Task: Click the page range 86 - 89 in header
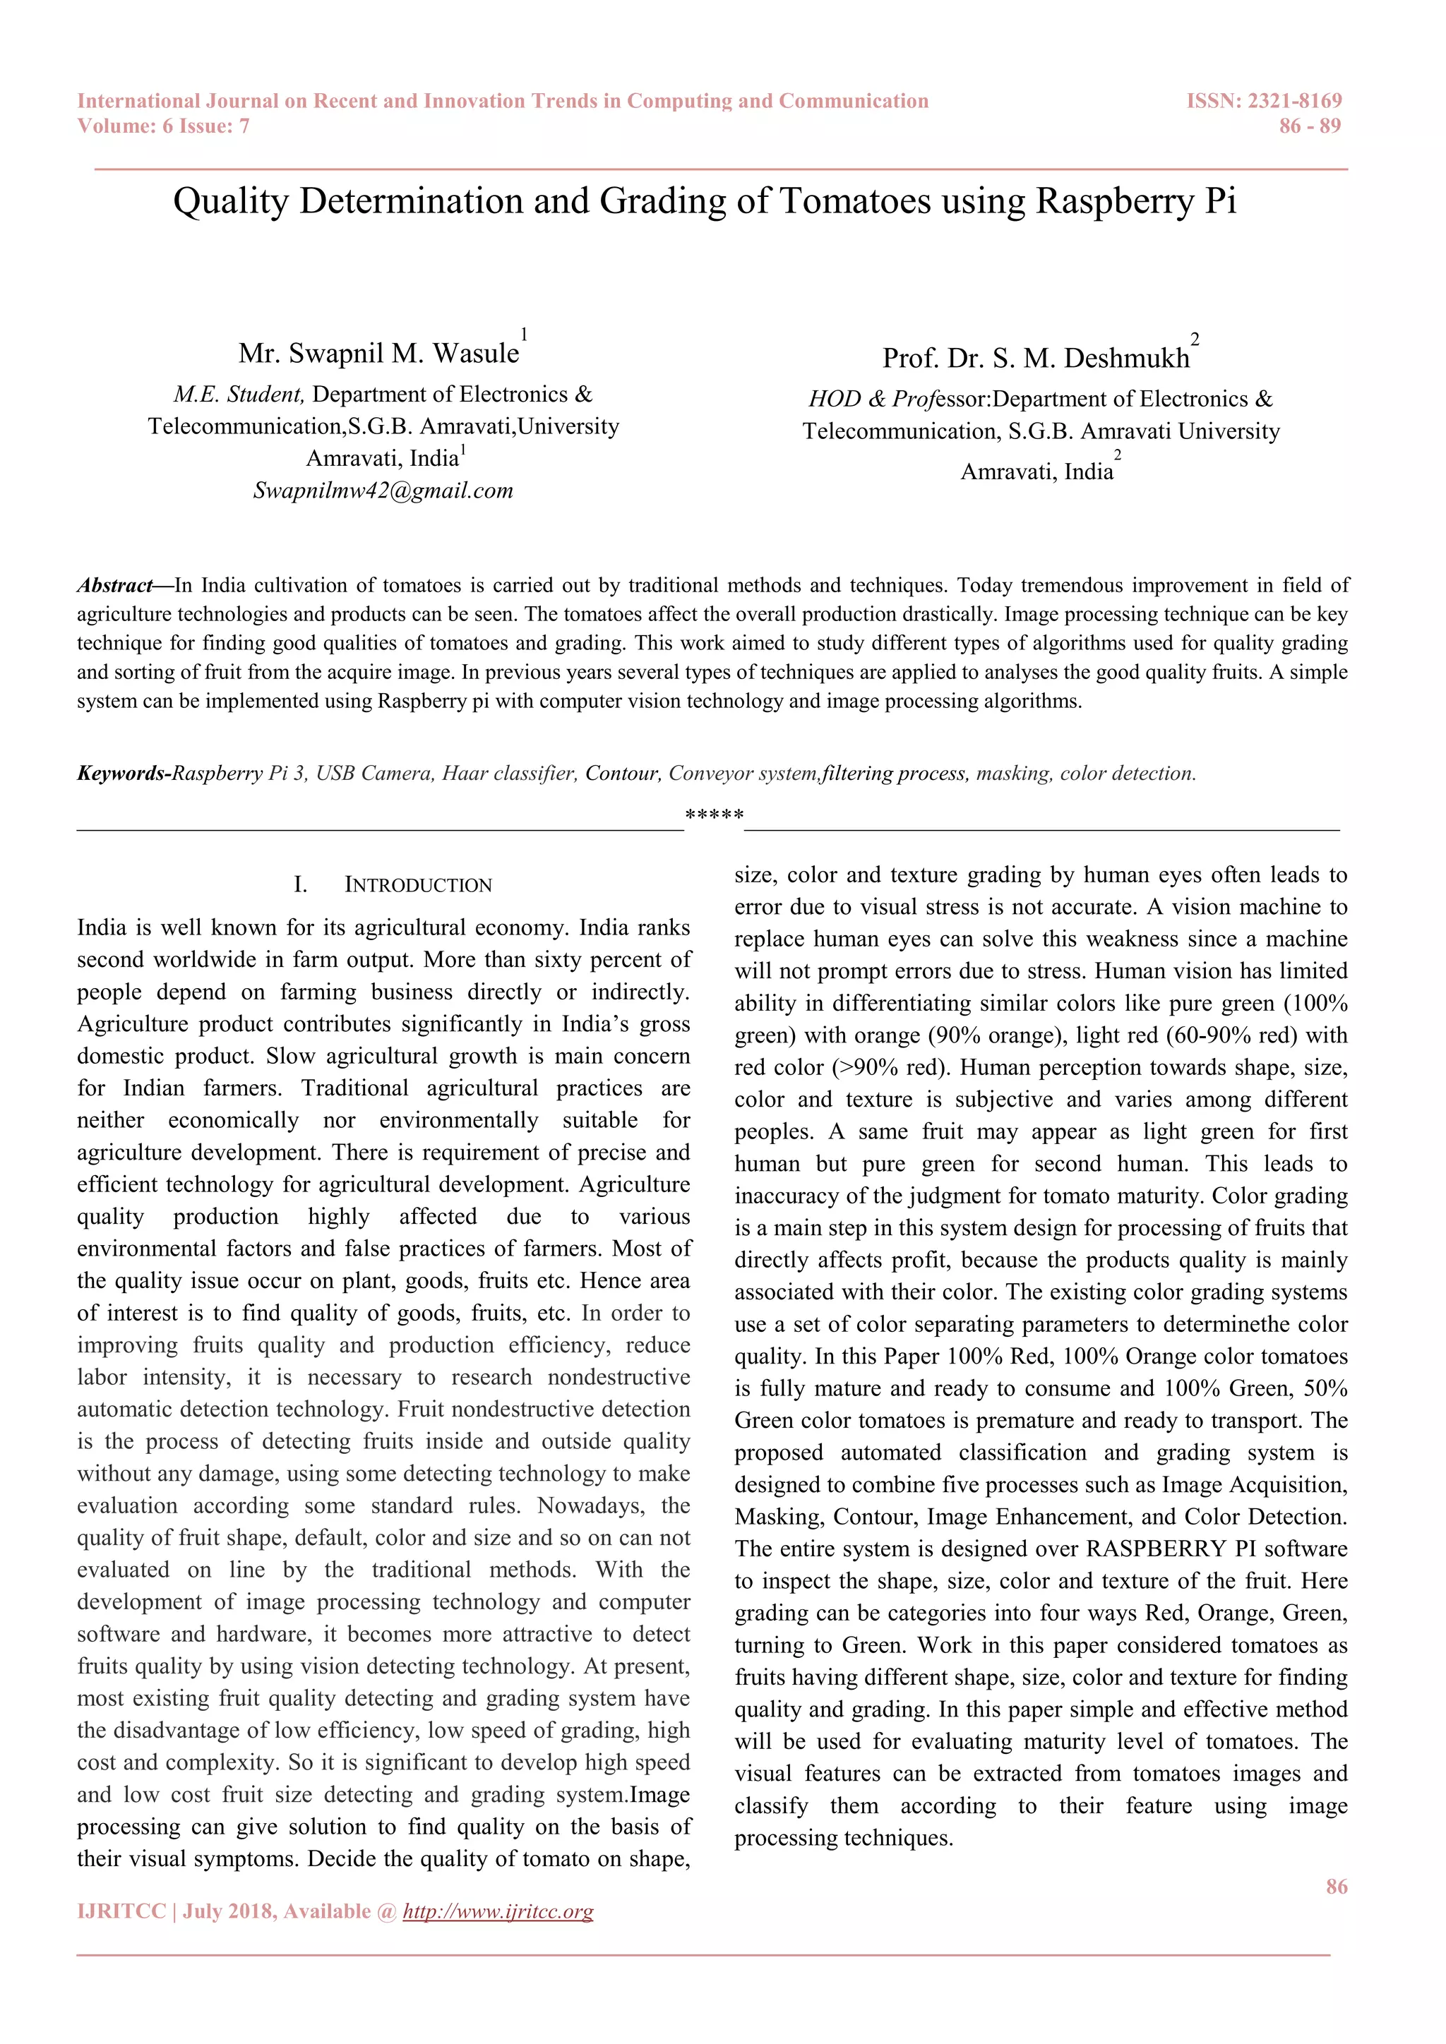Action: [x=1309, y=126]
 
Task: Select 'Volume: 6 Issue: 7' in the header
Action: [x=163, y=126]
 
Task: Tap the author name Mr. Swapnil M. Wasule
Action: [x=378, y=354]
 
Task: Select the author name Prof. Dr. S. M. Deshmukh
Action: [x=1036, y=358]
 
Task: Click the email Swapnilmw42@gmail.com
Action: [x=383, y=491]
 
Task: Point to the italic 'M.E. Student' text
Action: [x=239, y=395]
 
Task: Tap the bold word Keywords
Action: [x=121, y=774]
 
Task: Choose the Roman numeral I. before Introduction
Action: [x=300, y=885]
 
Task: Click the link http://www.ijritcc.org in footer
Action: [x=498, y=1911]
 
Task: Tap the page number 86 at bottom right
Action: [x=1336, y=1887]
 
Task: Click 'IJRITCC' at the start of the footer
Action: [x=122, y=1911]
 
